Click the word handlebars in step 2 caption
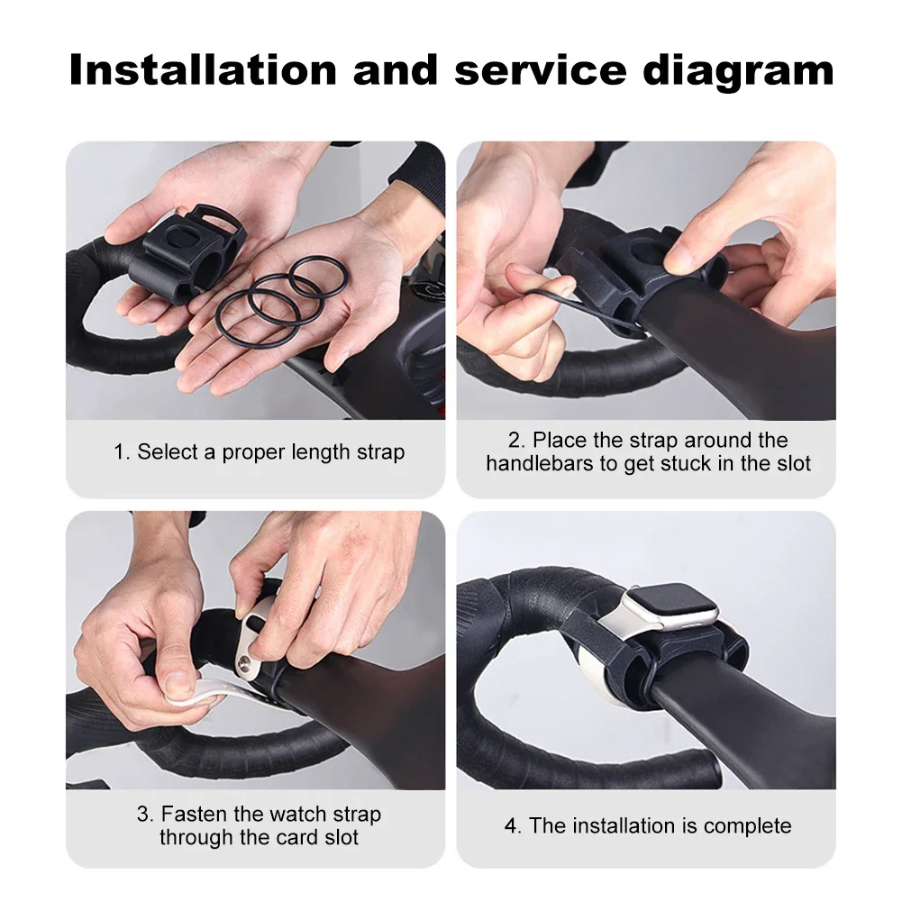[535, 464]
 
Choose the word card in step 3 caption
[288, 838]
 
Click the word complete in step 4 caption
[747, 825]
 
